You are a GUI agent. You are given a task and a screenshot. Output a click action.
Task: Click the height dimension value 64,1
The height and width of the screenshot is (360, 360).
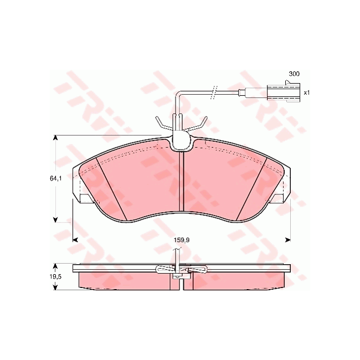[55, 178]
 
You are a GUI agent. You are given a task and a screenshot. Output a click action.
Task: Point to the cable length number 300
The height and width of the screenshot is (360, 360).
[294, 74]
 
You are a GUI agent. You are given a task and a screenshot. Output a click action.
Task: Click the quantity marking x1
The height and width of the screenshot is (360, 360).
[306, 92]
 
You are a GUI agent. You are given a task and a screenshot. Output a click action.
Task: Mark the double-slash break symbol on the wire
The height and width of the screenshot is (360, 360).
[215, 92]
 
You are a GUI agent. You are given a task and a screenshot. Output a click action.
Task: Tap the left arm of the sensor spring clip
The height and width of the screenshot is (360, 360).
[161, 125]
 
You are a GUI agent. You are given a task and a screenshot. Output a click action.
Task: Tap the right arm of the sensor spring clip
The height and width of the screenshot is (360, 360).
[200, 125]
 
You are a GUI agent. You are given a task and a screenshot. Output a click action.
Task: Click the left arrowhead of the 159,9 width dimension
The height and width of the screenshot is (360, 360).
[76, 240]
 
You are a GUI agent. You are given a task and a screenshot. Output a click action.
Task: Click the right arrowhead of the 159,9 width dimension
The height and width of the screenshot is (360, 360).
[287, 240]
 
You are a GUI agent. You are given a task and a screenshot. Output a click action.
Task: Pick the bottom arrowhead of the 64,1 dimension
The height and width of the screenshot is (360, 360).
[55, 219]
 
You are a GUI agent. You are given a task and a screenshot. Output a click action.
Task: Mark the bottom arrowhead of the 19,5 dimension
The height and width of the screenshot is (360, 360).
[55, 286]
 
